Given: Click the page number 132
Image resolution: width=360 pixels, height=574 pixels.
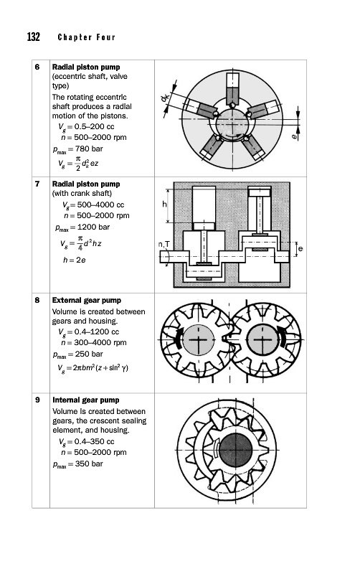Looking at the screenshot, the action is tap(33, 37).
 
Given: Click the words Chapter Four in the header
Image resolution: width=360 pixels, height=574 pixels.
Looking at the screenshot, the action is tap(86, 37).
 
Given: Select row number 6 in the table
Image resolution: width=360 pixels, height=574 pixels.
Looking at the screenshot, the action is tap(37, 67).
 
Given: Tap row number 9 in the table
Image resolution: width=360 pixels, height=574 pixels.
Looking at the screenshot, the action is tap(37, 400).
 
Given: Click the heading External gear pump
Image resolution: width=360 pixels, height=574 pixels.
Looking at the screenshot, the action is tap(86, 301).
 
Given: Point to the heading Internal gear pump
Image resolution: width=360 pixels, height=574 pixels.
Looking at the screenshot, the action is tap(86, 400).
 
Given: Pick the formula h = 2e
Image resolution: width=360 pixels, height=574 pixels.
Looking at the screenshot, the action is tap(75, 260).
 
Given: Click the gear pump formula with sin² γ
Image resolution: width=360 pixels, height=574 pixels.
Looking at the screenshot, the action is tap(93, 368).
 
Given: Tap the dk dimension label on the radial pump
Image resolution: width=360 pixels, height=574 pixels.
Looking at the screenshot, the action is tap(165, 97).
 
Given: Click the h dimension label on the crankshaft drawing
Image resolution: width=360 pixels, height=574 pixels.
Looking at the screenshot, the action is tap(164, 204).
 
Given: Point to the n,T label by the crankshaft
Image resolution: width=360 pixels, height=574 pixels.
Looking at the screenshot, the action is tap(164, 244).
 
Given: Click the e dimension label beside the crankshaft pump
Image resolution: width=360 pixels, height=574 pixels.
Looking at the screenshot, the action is tap(300, 249).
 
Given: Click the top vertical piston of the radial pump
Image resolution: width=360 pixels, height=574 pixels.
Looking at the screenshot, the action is tap(232, 89).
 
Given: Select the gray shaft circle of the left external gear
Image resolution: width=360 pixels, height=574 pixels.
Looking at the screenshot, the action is tap(198, 339).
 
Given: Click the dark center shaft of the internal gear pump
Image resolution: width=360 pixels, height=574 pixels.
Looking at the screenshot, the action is tap(236, 450).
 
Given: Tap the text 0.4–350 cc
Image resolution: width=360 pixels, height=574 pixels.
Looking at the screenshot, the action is tap(94, 442).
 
